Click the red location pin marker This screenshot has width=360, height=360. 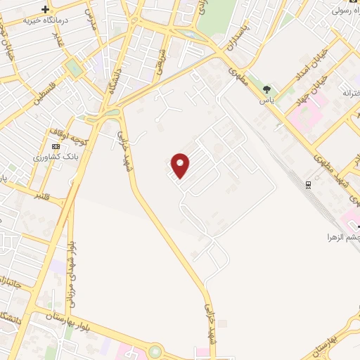click(x=181, y=165)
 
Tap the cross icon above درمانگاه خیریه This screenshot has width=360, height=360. click(x=46, y=10)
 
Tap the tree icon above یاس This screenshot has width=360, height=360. click(x=266, y=89)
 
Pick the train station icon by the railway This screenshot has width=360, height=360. click(x=308, y=184)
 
